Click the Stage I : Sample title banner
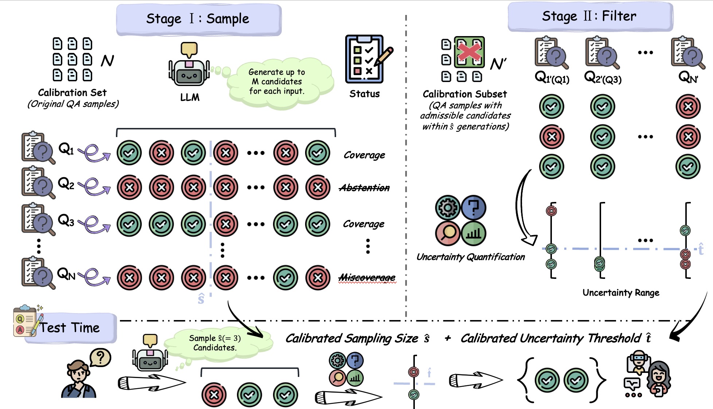pos(198,19)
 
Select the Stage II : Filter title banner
pos(589,16)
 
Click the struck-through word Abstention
pos(364,188)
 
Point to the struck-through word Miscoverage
pos(367,278)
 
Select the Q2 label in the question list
pos(66,184)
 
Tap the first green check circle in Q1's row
pos(129,153)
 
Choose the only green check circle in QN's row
pos(286,278)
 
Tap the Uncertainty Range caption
pos(621,293)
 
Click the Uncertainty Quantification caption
pos(471,257)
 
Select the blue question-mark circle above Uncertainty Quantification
pos(474,207)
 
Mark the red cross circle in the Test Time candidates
pos(214,394)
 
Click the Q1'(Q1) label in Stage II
pos(552,78)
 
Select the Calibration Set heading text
pos(72,93)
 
